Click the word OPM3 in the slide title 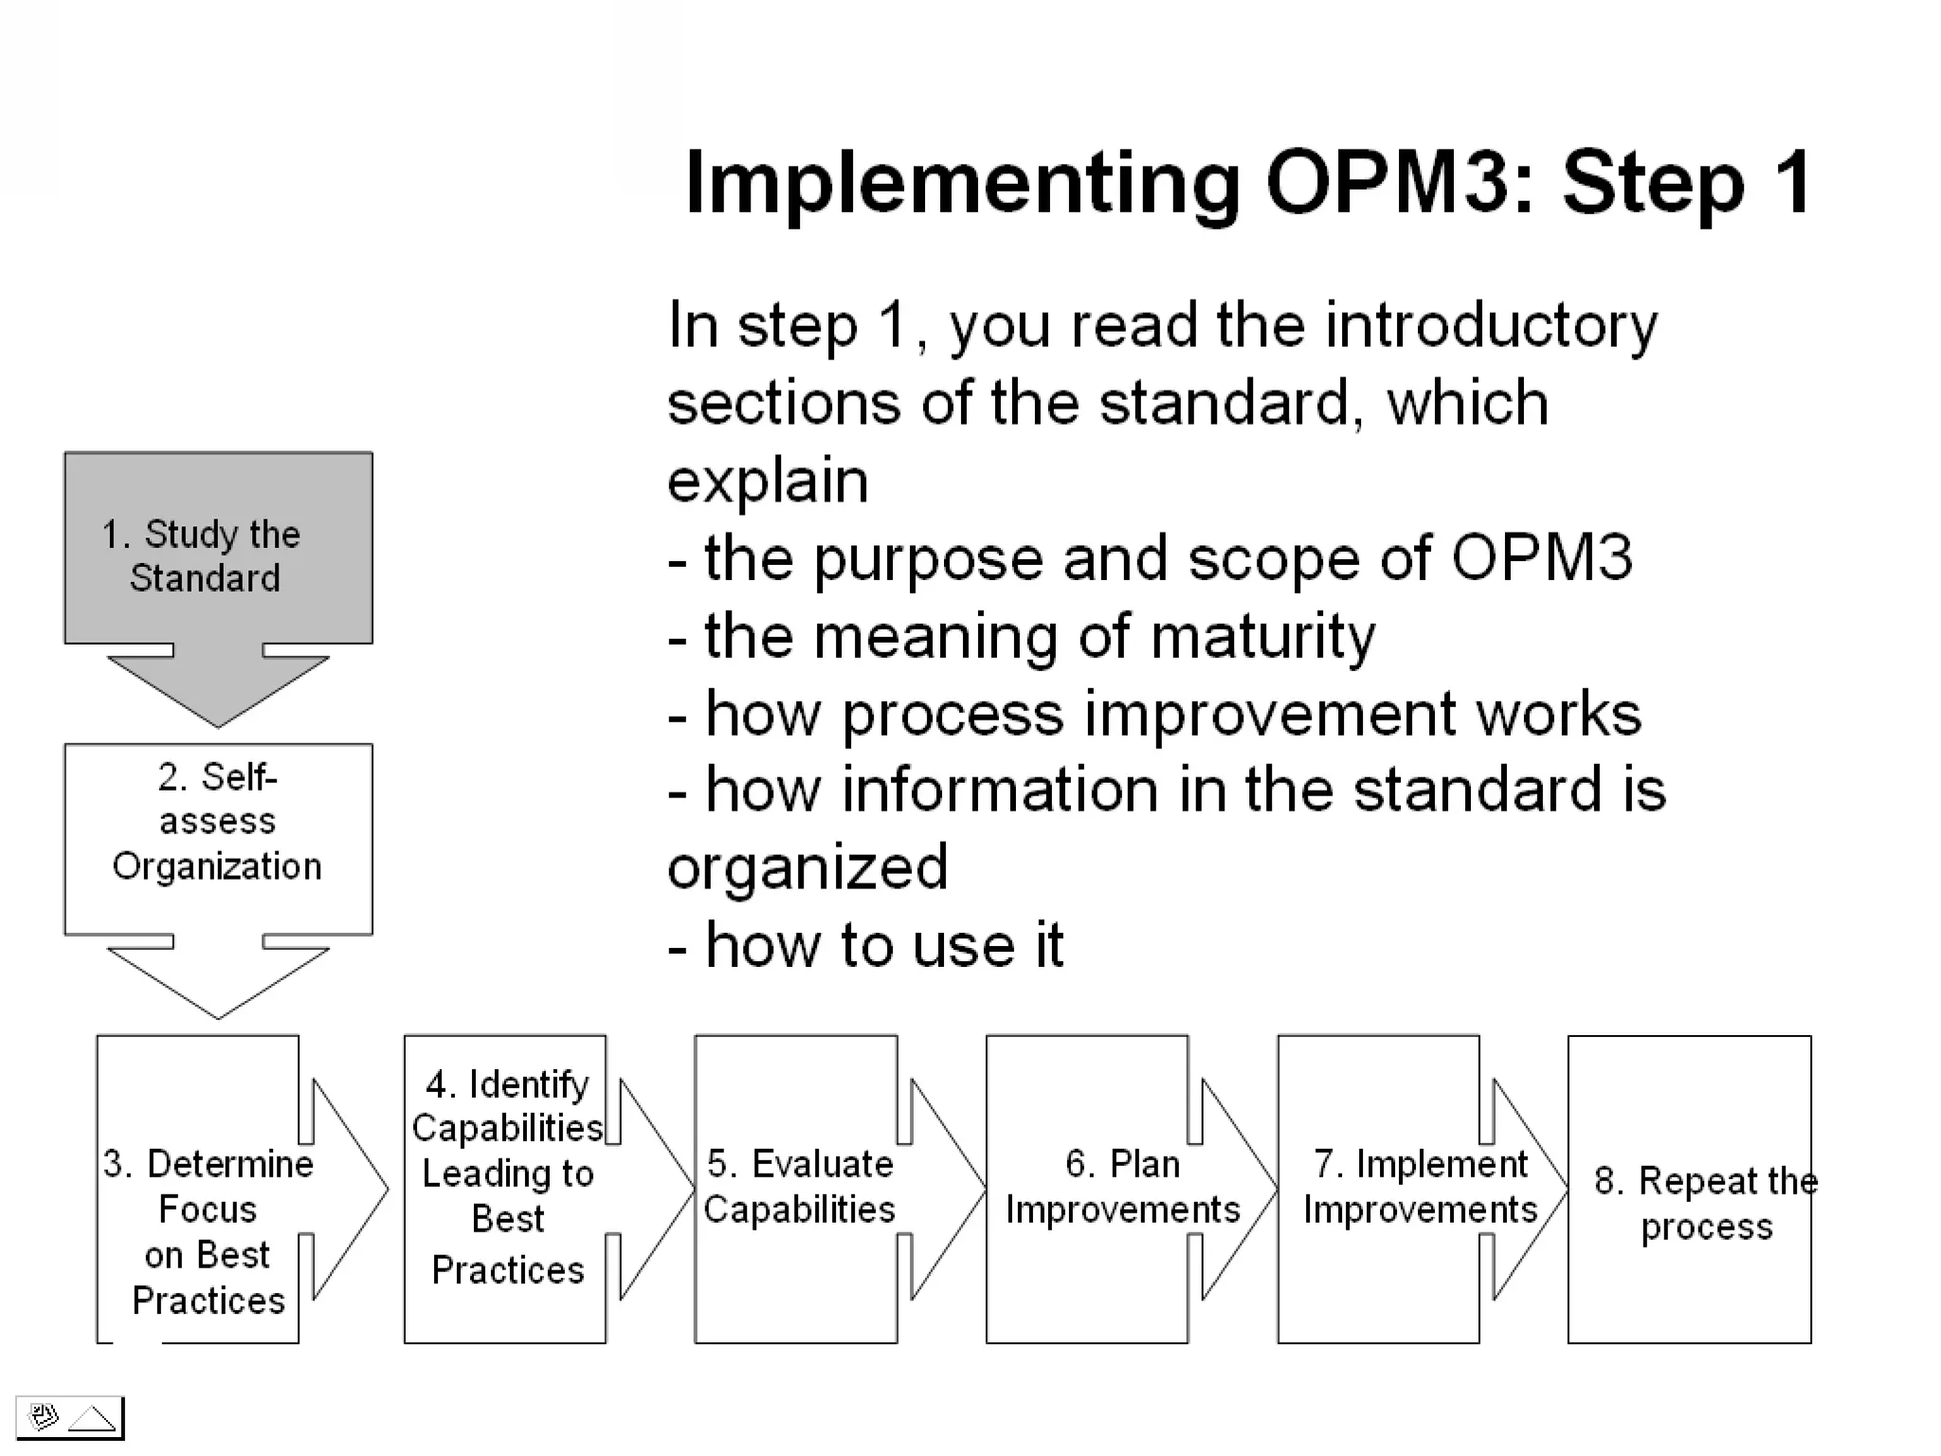click(1387, 182)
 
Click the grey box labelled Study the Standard click(218, 548)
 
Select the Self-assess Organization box click(218, 839)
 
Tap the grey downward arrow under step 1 click(218, 687)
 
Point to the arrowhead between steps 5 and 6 click(947, 1189)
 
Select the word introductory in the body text click(1491, 325)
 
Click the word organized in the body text click(807, 868)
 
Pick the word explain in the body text click(768, 481)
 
